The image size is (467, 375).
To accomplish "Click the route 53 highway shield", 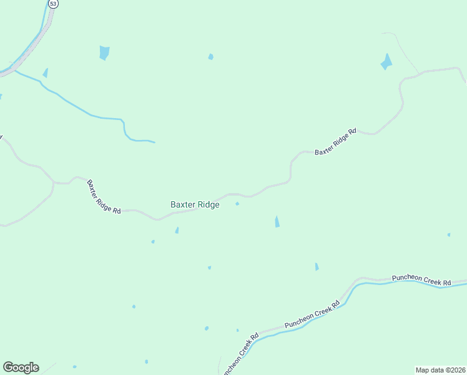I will click(x=54, y=4).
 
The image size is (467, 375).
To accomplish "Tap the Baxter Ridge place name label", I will click(x=195, y=204).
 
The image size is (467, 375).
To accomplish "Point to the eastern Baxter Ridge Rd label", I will click(x=335, y=142).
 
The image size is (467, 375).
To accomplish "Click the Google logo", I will click(x=21, y=367).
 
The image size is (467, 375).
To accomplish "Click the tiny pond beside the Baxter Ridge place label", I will click(x=237, y=204).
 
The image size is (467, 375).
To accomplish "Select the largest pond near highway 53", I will click(x=104, y=53).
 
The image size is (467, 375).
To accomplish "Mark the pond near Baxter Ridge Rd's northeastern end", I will click(x=386, y=62).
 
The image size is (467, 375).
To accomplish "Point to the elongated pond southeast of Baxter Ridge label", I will click(x=277, y=221).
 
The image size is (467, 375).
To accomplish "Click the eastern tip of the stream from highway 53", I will click(x=154, y=142).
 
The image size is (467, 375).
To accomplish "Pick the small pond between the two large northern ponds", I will click(x=210, y=57).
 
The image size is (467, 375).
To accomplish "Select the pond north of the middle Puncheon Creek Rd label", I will click(x=317, y=267).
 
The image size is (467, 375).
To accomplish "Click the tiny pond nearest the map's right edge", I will click(x=448, y=235).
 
